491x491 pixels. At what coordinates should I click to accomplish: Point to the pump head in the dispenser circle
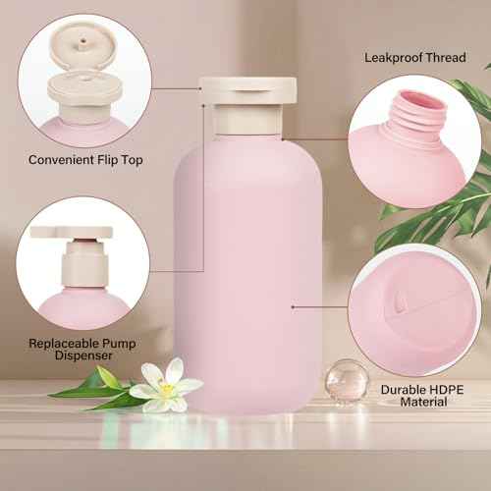[61, 237]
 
